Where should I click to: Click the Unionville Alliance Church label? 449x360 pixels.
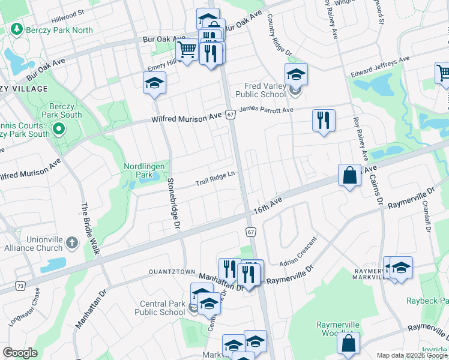(33, 243)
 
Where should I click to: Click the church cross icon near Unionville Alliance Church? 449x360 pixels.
(71, 243)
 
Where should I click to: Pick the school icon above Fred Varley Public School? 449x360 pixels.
(296, 74)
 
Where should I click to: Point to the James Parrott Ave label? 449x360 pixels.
(267, 109)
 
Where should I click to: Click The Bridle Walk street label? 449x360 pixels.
(88, 229)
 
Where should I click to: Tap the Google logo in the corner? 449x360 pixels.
(20, 353)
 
